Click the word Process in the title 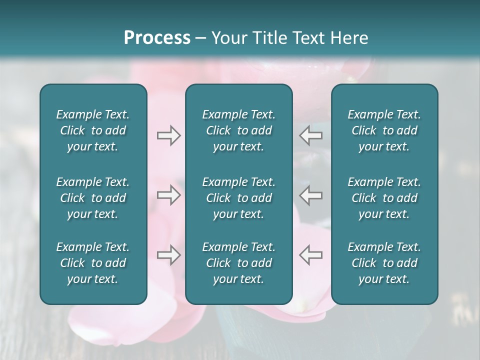point(157,38)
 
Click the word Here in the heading point(348,38)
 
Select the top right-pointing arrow point(168,135)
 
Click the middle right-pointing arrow point(168,195)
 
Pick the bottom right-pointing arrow point(168,255)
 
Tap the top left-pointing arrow point(310,135)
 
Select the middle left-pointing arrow point(310,195)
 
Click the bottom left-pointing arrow point(310,255)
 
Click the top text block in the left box point(93,130)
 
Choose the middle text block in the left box point(93,198)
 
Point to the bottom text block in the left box point(93,263)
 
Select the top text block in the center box point(238,130)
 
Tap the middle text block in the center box point(238,198)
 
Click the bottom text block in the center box point(238,263)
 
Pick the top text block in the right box point(384,130)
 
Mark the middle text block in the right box point(384,198)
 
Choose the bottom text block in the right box point(384,263)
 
